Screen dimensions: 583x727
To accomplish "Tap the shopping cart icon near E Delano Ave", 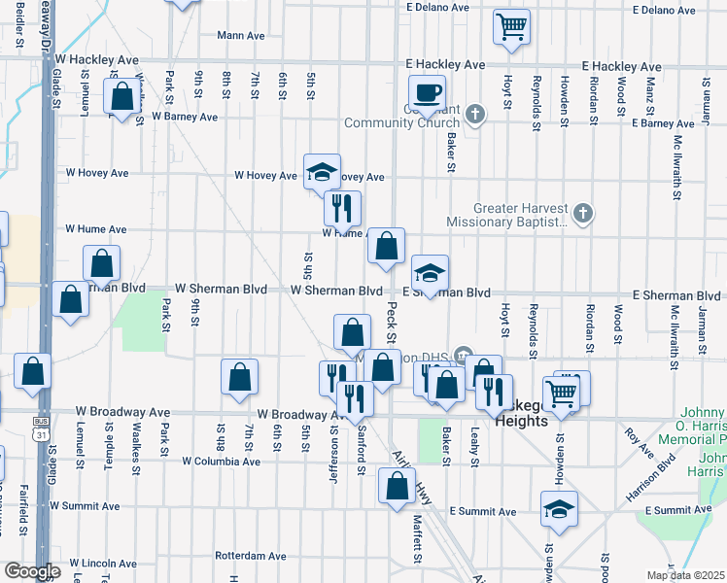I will pyautogui.click(x=511, y=26).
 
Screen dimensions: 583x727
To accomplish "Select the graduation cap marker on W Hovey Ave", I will pyautogui.click(x=323, y=173).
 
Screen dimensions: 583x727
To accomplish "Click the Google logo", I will pyautogui.click(x=32, y=571).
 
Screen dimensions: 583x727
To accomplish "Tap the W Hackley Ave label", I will pyautogui.click(x=100, y=59).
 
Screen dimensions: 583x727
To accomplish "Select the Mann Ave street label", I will pyautogui.click(x=241, y=35).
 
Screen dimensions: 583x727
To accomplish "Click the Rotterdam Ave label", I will pyautogui.click(x=251, y=557).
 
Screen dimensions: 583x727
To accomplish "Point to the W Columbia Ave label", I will pyautogui.click(x=221, y=461).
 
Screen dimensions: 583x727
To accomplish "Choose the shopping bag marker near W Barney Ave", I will pyautogui.click(x=122, y=98).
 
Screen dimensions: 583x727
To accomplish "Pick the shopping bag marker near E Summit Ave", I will pyautogui.click(x=396, y=488).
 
